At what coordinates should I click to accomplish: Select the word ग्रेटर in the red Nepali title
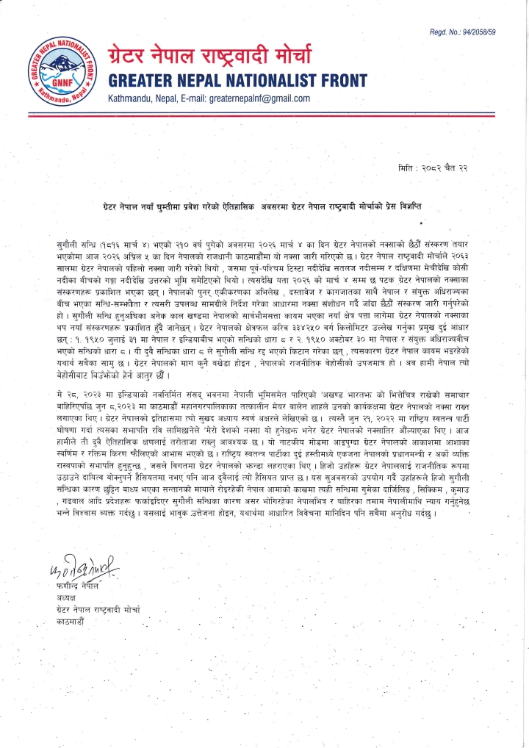click(133, 56)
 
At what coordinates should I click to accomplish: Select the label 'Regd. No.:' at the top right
click(443, 32)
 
